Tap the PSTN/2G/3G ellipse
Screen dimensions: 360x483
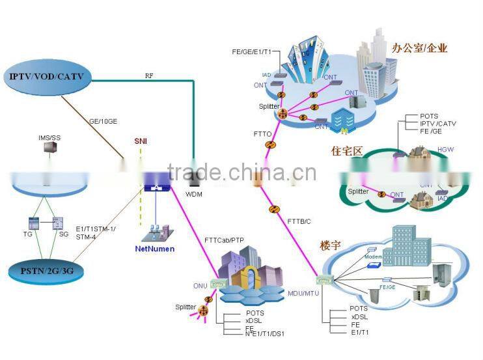pyautogui.click(x=47, y=268)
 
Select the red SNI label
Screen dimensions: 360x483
pyautogui.click(x=141, y=141)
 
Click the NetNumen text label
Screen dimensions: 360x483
pyautogui.click(x=155, y=249)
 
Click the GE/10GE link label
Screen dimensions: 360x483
pyautogui.click(x=103, y=120)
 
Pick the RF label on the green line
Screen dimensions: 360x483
pyautogui.click(x=149, y=76)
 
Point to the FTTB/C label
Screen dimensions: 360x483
pyautogui.click(x=300, y=222)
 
